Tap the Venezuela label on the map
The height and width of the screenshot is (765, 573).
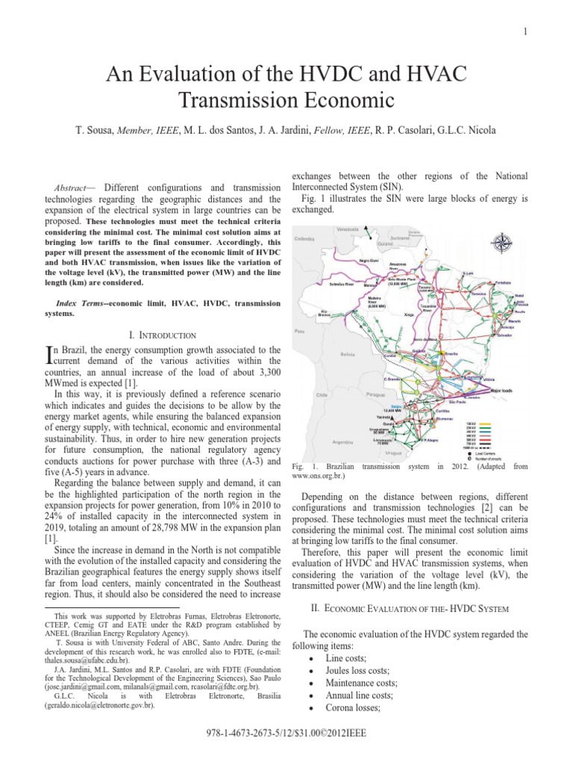(348, 228)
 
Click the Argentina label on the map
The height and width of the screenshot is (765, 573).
(342, 442)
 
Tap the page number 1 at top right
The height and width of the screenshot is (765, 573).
(525, 31)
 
